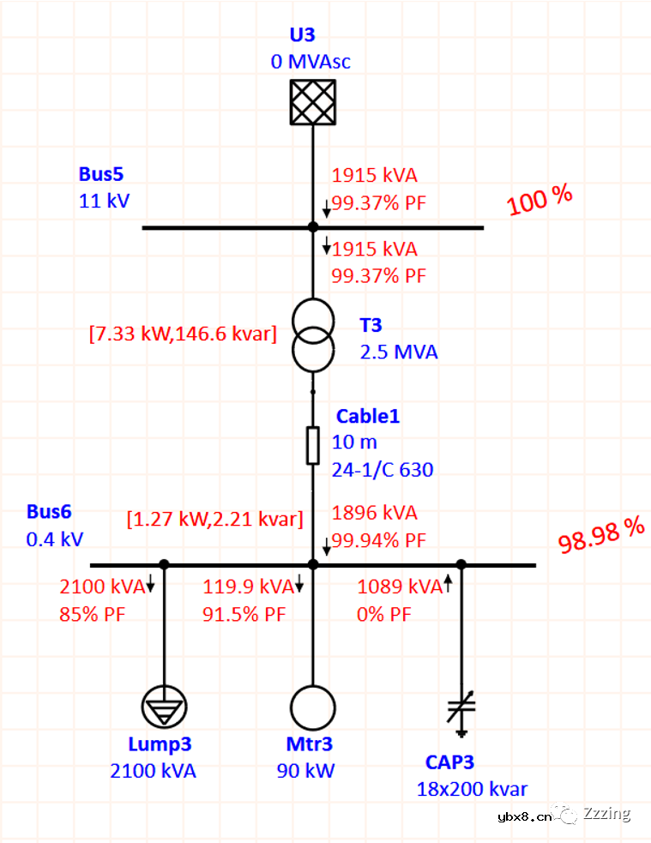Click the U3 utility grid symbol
click(x=312, y=102)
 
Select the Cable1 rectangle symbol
click(x=313, y=445)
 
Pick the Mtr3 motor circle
click(x=312, y=708)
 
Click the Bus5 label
click(x=101, y=174)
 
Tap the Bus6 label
click(x=49, y=512)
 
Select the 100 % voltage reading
click(x=539, y=201)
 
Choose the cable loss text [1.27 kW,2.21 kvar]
click(x=214, y=519)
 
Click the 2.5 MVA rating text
click(x=398, y=352)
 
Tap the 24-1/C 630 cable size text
click(x=383, y=469)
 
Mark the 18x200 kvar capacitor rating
click(x=472, y=789)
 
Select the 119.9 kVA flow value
click(x=246, y=587)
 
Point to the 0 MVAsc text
click(x=310, y=62)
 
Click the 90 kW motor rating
click(x=305, y=770)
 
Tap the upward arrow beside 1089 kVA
click(x=448, y=586)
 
